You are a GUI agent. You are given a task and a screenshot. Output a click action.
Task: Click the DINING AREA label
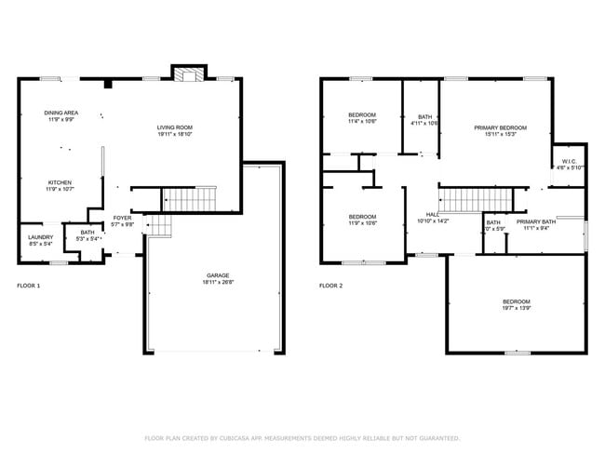tap(60, 113)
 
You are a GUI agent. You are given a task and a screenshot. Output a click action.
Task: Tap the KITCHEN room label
tap(60, 182)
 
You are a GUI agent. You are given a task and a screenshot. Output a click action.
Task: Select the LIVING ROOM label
tap(173, 127)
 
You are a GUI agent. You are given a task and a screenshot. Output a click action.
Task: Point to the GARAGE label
tap(219, 275)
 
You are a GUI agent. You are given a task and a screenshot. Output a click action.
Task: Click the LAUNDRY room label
tap(40, 237)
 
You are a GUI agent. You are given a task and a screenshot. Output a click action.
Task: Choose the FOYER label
tap(122, 218)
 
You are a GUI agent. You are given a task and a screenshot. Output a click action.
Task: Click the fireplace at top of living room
tap(190, 75)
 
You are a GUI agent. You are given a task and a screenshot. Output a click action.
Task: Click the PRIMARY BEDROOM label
tap(500, 127)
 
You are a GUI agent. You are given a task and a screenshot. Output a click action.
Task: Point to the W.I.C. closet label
tap(570, 162)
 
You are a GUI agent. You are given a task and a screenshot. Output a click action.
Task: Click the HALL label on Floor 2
tap(432, 214)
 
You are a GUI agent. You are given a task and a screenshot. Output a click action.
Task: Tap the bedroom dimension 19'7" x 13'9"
tap(516, 308)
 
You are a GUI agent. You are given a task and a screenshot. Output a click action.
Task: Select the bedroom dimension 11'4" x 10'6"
tap(361, 121)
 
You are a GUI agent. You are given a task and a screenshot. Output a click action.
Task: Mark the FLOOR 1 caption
tap(29, 286)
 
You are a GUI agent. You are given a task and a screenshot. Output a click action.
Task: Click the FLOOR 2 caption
tap(330, 286)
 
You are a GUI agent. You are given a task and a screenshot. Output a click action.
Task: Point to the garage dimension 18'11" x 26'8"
tap(219, 282)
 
